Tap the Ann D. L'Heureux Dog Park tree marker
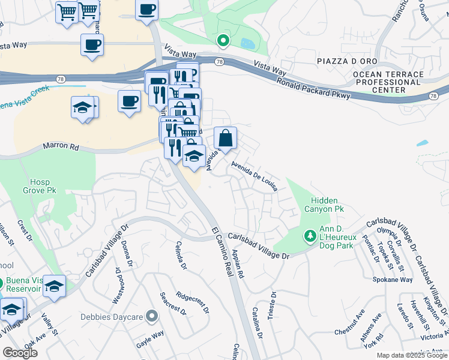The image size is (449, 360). (x=310, y=236)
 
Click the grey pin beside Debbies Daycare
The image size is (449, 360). (x=151, y=316)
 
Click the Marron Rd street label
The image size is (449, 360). (x=60, y=146)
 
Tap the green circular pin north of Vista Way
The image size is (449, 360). (x=223, y=41)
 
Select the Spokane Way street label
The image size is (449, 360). (x=393, y=280)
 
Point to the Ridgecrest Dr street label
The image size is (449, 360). (x=193, y=303)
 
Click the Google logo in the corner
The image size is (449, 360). (x=20, y=353)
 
